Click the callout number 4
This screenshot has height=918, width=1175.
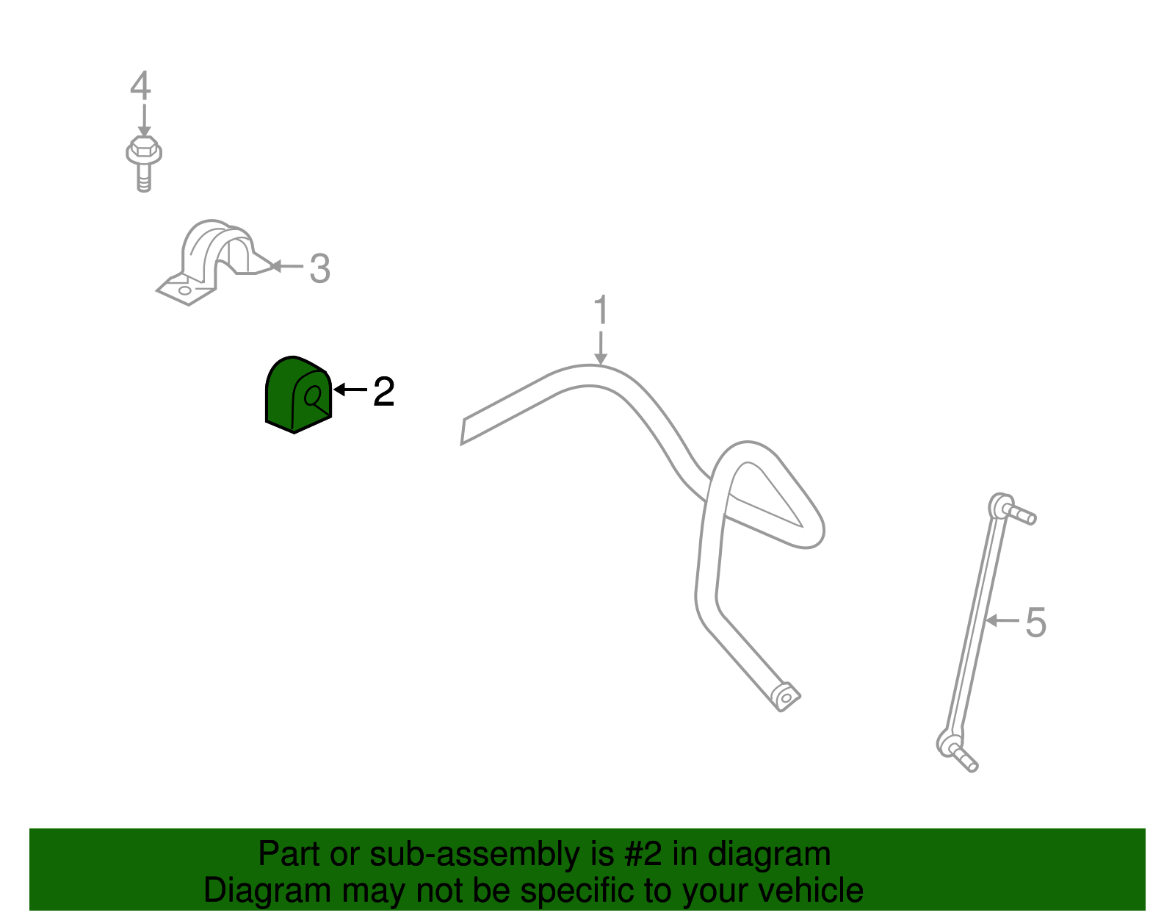[140, 85]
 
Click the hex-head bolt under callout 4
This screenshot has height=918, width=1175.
[144, 163]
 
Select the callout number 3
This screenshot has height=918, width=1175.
[319, 268]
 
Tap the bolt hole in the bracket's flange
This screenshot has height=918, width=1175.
[185, 290]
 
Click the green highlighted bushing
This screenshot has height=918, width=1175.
[298, 395]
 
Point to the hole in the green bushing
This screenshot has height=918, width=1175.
[313, 396]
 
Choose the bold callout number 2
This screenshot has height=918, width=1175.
[384, 392]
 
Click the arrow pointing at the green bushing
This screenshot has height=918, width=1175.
[350, 390]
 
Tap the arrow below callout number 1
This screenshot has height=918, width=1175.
[601, 348]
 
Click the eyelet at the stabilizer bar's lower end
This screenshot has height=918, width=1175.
[787, 698]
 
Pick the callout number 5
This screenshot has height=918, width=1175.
[1036, 623]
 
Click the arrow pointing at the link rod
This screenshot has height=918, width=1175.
[1002, 620]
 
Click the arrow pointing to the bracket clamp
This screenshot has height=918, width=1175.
[286, 266]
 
